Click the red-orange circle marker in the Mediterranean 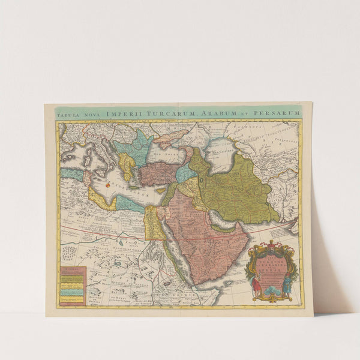pyautogui.click(x=109, y=185)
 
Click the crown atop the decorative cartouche pyautogui.click(x=271, y=244)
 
